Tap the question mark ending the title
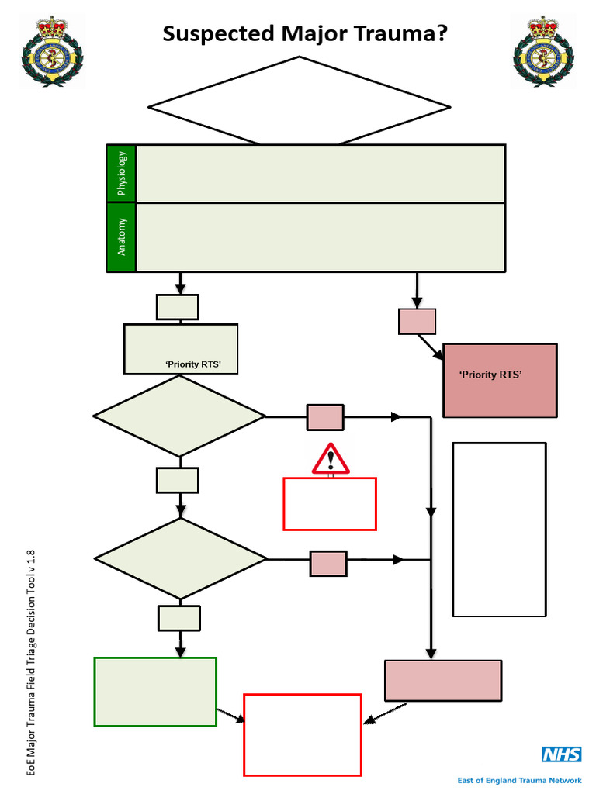click(x=442, y=33)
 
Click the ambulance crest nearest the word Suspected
click(x=52, y=51)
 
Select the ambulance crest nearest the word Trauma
click(x=543, y=51)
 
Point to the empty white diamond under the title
click(x=299, y=102)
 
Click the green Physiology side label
click(x=122, y=173)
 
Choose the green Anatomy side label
click(x=122, y=237)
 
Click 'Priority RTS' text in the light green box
click(x=193, y=364)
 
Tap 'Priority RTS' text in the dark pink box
click(x=490, y=375)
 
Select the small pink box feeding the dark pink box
click(x=417, y=321)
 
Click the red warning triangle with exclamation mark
click(x=331, y=459)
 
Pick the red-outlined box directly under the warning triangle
click(x=330, y=504)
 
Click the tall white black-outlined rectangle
click(x=499, y=529)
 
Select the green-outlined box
click(x=155, y=692)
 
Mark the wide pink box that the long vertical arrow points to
click(x=443, y=680)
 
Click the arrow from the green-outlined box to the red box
click(x=231, y=716)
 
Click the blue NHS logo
click(x=562, y=754)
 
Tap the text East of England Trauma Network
click(x=519, y=780)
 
